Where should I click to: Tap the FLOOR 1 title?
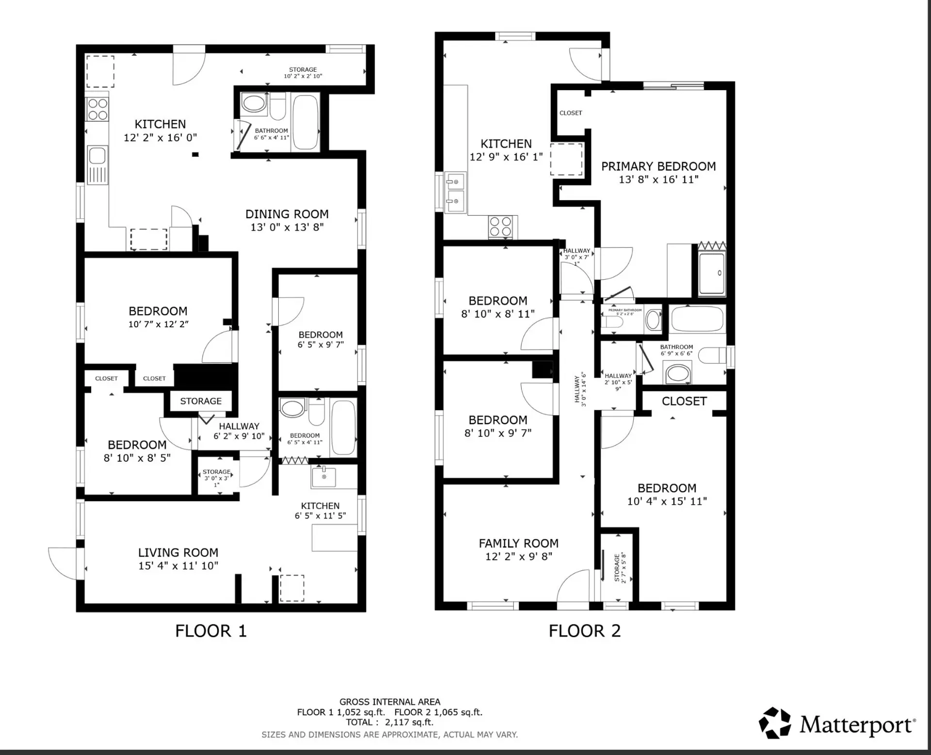(211, 631)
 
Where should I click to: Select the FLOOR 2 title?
(584, 631)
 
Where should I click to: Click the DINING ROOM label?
(287, 214)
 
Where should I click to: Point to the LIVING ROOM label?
(178, 553)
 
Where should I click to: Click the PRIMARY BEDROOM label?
(658, 166)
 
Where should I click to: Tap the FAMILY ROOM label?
(518, 544)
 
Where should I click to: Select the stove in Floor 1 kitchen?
(97, 109)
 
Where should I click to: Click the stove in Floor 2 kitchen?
(500, 226)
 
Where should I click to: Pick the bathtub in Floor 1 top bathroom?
(305, 122)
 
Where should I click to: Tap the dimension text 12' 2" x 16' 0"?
(160, 138)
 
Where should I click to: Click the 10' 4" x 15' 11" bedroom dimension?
(667, 501)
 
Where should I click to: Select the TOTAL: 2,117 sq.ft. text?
(389, 722)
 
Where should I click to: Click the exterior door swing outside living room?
(63, 562)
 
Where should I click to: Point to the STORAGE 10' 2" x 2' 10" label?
(303, 73)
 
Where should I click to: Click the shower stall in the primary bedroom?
(712, 273)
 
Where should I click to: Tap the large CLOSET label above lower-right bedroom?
(684, 402)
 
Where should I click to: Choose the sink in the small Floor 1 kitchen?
(324, 476)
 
